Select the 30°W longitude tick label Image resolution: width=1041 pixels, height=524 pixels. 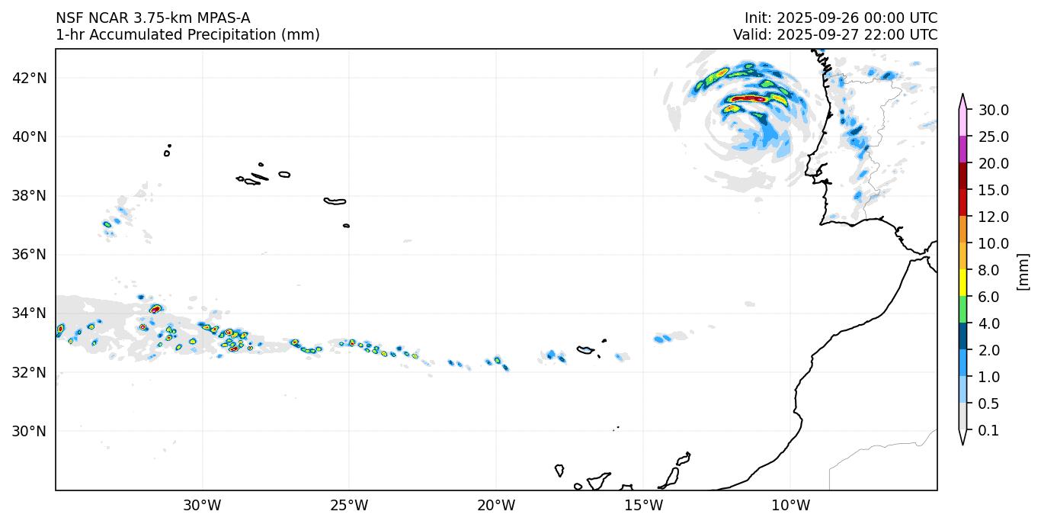[203, 505]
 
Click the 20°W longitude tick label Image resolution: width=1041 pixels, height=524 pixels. [496, 505]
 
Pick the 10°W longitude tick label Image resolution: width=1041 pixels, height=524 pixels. [790, 505]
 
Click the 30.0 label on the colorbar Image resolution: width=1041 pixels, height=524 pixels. [994, 111]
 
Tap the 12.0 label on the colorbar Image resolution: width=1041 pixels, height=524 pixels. [994, 217]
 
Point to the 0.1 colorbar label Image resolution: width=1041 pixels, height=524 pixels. [988, 431]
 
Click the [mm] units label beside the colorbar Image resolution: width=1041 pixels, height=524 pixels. [1023, 272]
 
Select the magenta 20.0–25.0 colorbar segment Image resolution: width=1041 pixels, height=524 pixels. [963, 150]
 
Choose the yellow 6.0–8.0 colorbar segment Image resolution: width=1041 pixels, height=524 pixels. [963, 284]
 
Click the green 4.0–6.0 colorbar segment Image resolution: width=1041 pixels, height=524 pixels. [963, 310]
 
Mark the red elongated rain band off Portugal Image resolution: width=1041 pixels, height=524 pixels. [748, 98]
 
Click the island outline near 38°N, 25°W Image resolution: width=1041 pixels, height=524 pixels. [335, 201]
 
